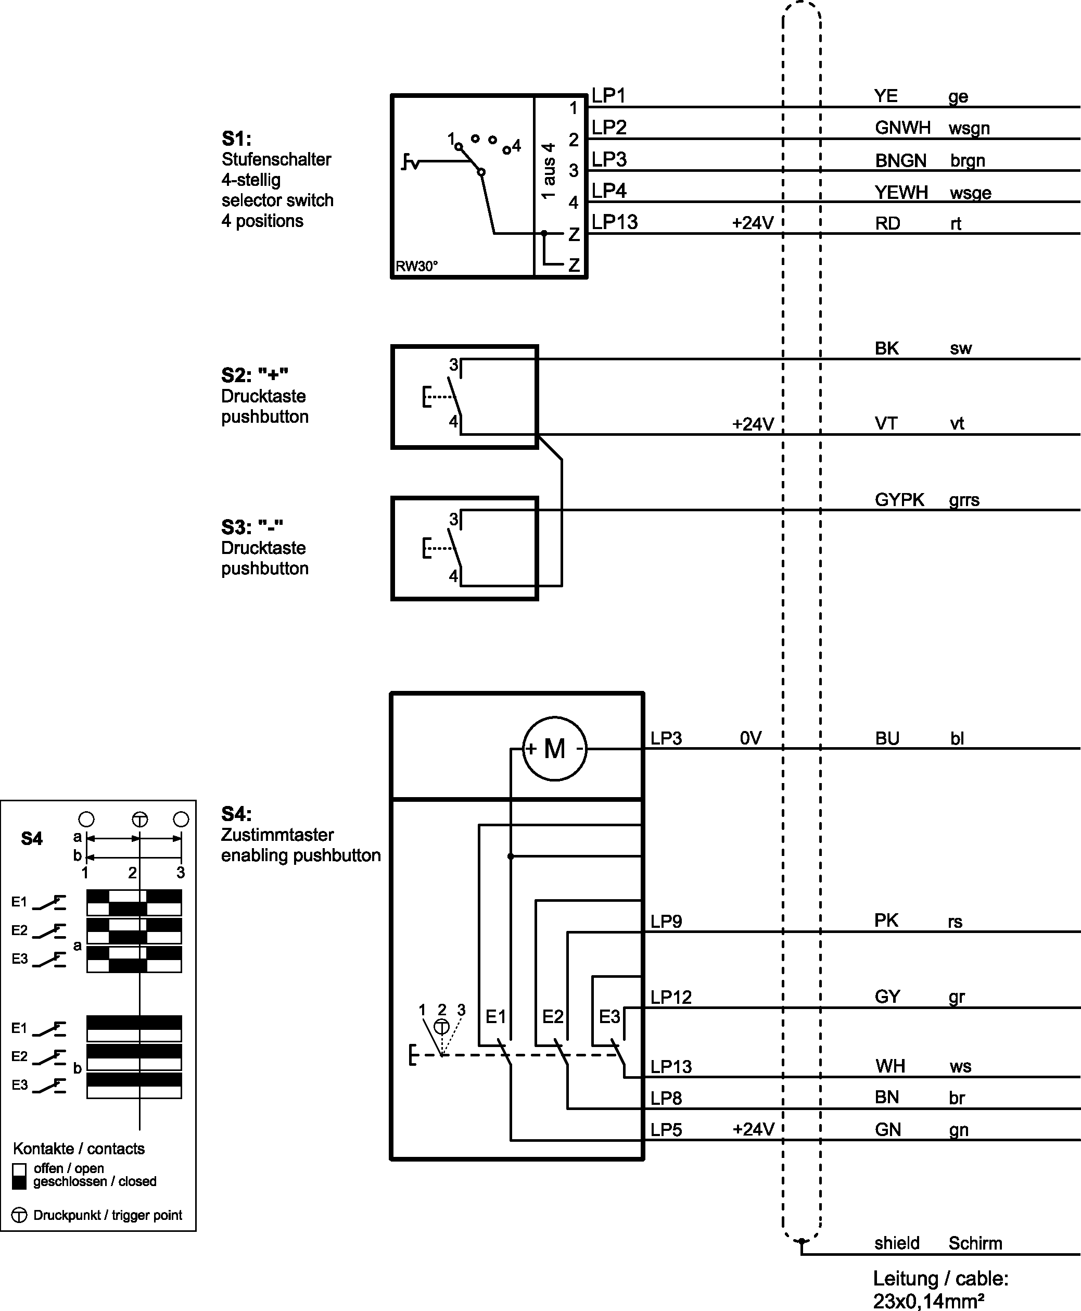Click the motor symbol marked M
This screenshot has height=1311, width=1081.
pyautogui.click(x=554, y=748)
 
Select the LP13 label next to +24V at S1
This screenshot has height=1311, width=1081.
pyautogui.click(x=615, y=222)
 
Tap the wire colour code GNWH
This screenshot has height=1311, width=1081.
pyautogui.click(x=902, y=128)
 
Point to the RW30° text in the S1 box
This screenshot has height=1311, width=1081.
pyautogui.click(x=416, y=267)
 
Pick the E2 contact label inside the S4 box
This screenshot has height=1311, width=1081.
pyautogui.click(x=552, y=1016)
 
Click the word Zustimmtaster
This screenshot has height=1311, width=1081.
pyautogui.click(x=277, y=835)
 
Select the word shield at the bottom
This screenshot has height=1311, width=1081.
pyautogui.click(x=897, y=1243)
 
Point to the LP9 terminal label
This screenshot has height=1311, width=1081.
pyautogui.click(x=666, y=921)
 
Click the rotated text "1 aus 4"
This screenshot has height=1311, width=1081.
pyautogui.click(x=549, y=171)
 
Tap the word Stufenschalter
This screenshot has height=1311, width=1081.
pyautogui.click(x=276, y=159)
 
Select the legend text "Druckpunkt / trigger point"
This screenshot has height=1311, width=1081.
pyautogui.click(x=108, y=1215)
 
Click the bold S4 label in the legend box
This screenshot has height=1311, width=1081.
pyautogui.click(x=32, y=839)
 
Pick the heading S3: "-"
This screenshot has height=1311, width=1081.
pyautogui.click(x=252, y=527)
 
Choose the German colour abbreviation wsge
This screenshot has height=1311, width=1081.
pyautogui.click(x=970, y=193)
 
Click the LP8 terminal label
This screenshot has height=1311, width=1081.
pyautogui.click(x=666, y=1098)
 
